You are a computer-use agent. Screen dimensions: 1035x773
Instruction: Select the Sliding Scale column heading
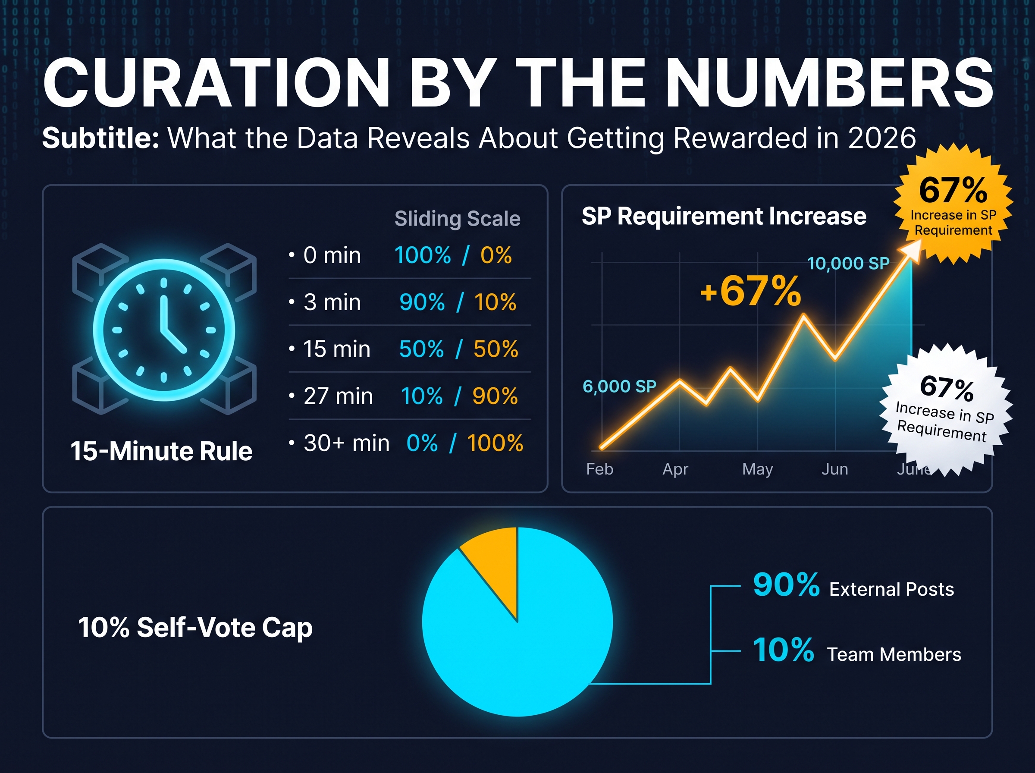458,219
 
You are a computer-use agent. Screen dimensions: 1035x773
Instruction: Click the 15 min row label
337,349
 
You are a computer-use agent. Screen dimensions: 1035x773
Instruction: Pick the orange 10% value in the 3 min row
495,302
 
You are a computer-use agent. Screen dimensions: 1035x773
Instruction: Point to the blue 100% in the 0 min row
423,255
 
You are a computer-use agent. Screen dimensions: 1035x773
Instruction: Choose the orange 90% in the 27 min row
495,396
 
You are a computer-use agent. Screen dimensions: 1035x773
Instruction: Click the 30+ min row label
347,443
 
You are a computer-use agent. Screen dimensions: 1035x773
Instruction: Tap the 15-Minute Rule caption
161,451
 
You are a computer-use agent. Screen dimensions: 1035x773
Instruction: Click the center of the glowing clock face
164,330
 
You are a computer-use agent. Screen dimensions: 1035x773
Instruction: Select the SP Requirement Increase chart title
724,216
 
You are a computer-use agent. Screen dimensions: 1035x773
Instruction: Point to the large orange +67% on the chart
751,291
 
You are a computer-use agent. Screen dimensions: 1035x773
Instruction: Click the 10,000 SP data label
848,264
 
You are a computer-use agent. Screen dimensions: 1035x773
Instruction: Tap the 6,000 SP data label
620,386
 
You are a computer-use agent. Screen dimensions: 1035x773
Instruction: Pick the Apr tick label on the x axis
675,469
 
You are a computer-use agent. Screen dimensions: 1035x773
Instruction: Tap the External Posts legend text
891,590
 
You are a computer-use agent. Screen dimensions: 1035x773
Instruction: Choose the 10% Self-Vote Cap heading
195,628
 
